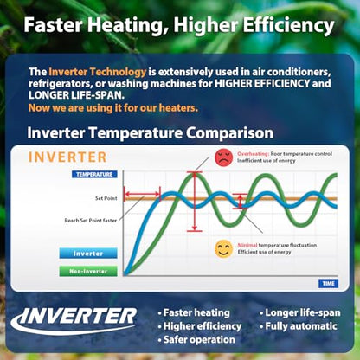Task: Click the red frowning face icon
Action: pos(223,157)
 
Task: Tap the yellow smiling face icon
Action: pos(223,249)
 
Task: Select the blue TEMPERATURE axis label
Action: pos(94,174)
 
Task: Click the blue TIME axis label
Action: pos(328,284)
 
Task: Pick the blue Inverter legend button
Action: pos(88,254)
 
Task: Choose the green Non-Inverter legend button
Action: pos(88,271)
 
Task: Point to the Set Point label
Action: pos(106,198)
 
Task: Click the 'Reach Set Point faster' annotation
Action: pos(91,221)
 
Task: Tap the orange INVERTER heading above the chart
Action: pos(67,157)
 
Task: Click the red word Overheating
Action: pos(253,154)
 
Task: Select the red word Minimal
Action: pos(247,245)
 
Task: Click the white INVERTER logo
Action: pos(74,320)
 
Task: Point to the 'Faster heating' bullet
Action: pos(194,312)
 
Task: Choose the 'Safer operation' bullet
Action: pos(196,339)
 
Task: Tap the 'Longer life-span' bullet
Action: pos(300,312)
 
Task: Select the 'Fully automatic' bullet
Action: pos(299,326)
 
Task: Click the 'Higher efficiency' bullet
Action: pos(200,326)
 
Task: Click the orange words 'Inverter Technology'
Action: pos(98,72)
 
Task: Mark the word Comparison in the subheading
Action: pos(229,133)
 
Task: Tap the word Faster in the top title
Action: pos(53,25)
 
